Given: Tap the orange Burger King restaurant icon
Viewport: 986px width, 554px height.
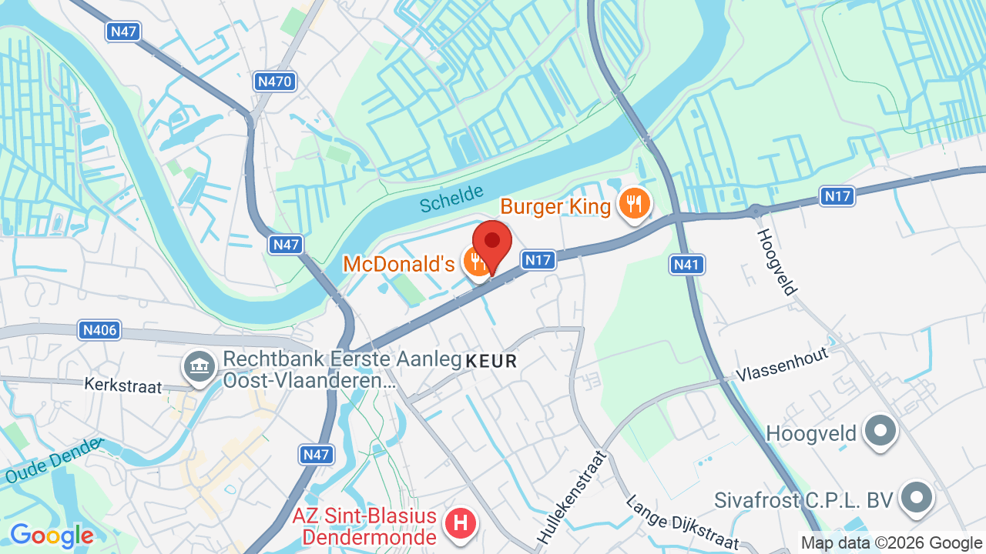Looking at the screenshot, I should tap(634, 205).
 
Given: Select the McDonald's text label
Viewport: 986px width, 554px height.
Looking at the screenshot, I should tap(399, 264).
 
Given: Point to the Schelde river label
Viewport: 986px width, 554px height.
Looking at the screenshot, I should tap(452, 199).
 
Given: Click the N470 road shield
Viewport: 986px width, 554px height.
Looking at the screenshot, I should tap(274, 81).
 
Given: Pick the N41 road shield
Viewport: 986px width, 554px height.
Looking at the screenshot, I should tap(686, 265).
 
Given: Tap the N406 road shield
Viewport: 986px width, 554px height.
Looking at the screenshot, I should tap(99, 331).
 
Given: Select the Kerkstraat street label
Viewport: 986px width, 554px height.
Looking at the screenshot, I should tap(123, 385).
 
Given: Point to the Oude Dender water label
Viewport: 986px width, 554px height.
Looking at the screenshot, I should tap(54, 461).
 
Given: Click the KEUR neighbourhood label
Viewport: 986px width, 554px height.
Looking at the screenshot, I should tap(491, 361).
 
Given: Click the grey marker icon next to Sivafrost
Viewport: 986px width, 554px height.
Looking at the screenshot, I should tap(916, 498).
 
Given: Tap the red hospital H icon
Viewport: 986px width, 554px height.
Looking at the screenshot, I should tap(461, 524).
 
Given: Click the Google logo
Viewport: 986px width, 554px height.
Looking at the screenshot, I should tap(52, 536).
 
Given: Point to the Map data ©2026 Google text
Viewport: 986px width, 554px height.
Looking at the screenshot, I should tap(892, 543).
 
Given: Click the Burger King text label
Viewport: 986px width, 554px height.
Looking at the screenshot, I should tap(555, 206).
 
